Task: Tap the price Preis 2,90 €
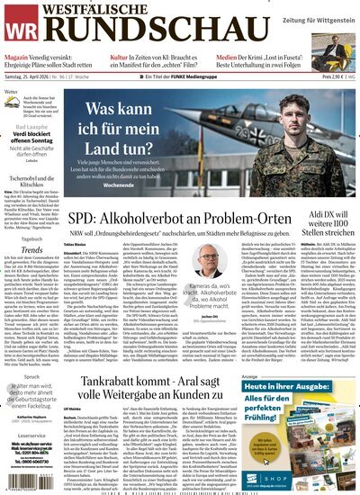click(x=325, y=79)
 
